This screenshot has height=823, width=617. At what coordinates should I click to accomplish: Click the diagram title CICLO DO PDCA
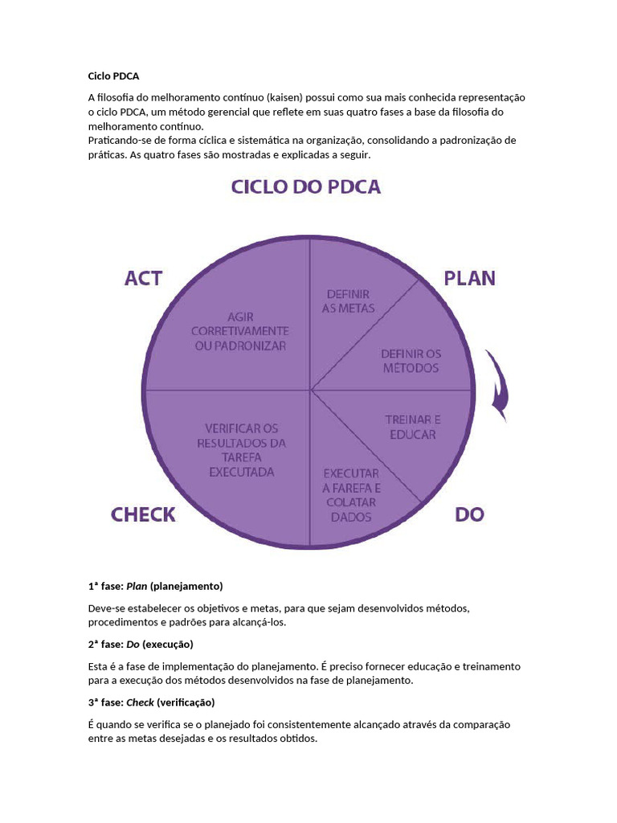point(306,187)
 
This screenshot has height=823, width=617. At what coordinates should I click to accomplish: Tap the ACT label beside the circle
point(144,278)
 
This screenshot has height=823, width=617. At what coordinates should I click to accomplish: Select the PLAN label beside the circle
point(470,278)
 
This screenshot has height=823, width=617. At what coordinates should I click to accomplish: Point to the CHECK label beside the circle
point(143,514)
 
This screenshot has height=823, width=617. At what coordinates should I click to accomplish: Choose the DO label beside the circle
point(469,514)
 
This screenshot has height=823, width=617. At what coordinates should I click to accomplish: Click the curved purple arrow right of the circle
point(497,387)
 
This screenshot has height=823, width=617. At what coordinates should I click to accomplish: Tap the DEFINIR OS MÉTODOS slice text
point(410,361)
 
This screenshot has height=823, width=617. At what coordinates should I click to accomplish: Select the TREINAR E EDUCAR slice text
point(413,427)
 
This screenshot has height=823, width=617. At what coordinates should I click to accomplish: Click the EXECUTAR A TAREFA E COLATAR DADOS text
point(352,495)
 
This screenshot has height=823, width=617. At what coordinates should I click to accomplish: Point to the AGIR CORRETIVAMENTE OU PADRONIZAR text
point(239,331)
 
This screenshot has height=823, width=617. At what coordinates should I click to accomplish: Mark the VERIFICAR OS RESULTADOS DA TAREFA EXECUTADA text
point(241,450)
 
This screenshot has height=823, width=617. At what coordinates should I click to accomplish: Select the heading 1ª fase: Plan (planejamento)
point(155,585)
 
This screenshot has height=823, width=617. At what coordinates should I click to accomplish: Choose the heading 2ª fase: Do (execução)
point(141,645)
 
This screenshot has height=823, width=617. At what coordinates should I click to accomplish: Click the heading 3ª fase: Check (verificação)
point(151,702)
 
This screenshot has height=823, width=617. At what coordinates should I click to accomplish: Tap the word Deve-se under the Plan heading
point(107,608)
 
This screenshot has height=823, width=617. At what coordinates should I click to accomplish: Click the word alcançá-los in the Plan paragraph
point(258,622)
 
